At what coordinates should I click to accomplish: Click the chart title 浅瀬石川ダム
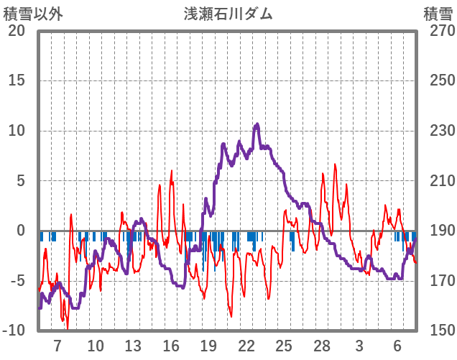coord(228,14)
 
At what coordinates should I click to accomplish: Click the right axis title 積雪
coord(438,14)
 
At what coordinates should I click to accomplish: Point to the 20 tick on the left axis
coord(17,31)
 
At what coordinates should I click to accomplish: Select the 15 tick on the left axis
coord(17,80)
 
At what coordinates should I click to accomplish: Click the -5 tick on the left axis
coord(17,281)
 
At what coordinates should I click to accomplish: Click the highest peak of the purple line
coord(257,124)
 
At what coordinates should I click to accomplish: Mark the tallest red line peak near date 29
coord(335,165)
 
